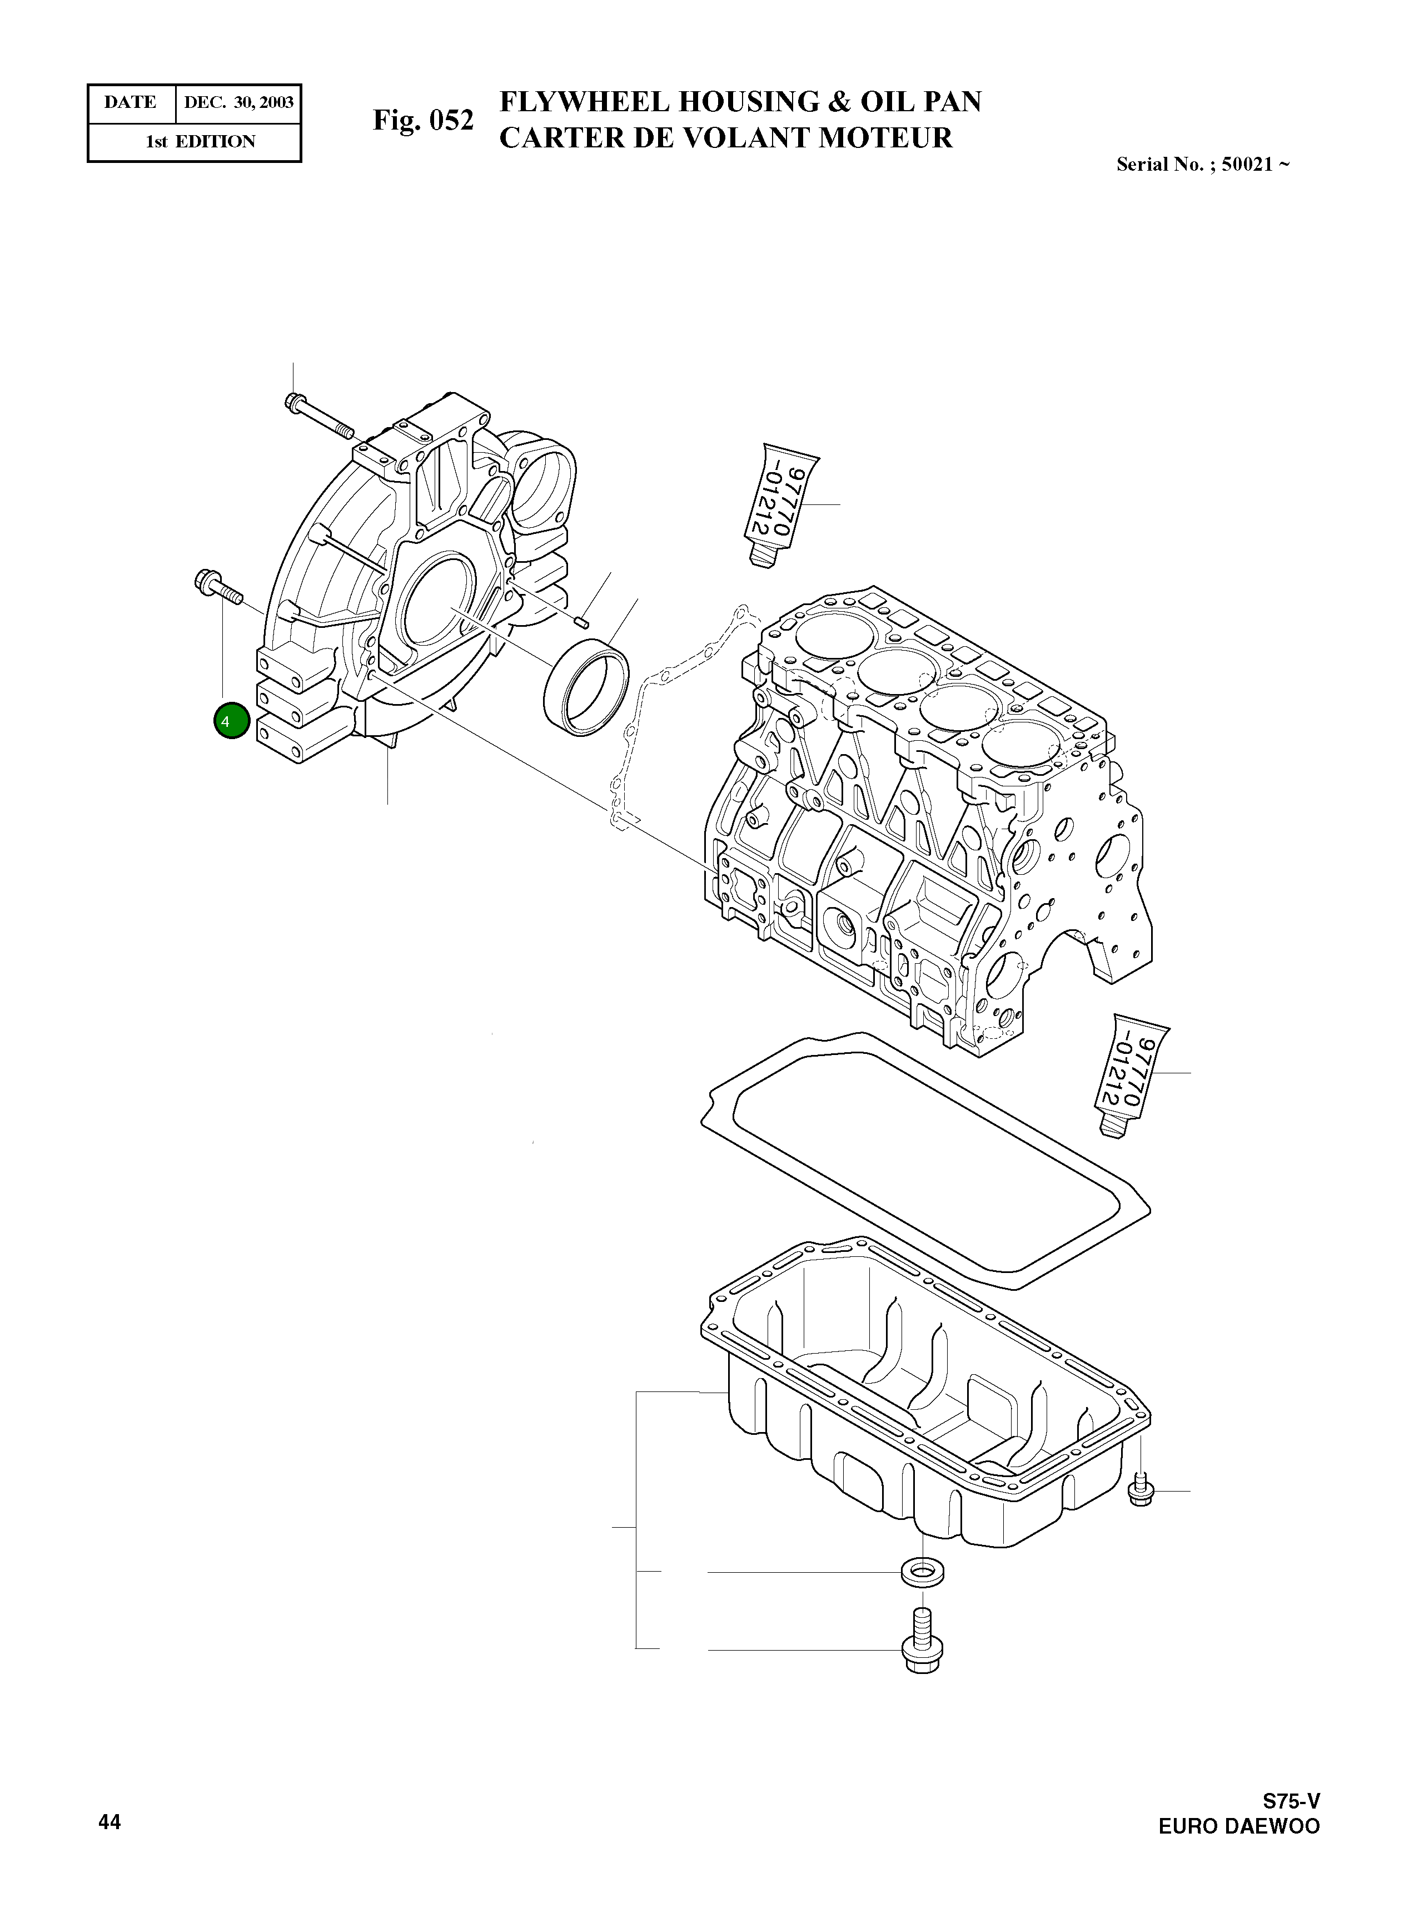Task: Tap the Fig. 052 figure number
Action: [422, 120]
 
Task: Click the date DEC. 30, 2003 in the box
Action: [239, 103]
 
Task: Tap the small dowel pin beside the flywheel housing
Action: [582, 621]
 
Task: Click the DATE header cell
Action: [130, 103]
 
